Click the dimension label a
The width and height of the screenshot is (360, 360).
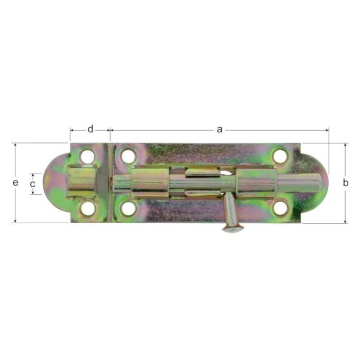[220, 130]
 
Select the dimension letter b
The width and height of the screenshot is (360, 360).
[346, 183]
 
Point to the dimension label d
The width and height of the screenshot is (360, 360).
[91, 130]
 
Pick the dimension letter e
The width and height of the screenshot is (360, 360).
[15, 183]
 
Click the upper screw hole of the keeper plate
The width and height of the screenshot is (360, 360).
[87, 156]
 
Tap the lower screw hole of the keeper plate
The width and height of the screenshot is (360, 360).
[88, 208]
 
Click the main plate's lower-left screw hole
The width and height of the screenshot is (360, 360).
[129, 208]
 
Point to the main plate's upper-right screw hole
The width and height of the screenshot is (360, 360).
[280, 156]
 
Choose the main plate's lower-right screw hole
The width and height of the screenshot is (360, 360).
[280, 208]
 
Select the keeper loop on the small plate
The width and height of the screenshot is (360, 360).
[81, 182]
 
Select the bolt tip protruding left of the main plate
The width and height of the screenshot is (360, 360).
[120, 183]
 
